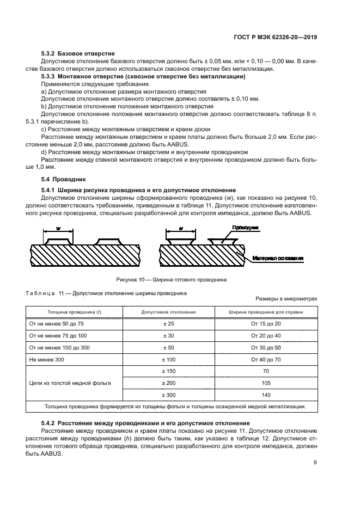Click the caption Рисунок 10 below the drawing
(172, 280)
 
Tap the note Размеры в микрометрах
(286, 299)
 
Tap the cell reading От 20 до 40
(266, 336)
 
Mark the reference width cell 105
(266, 383)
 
